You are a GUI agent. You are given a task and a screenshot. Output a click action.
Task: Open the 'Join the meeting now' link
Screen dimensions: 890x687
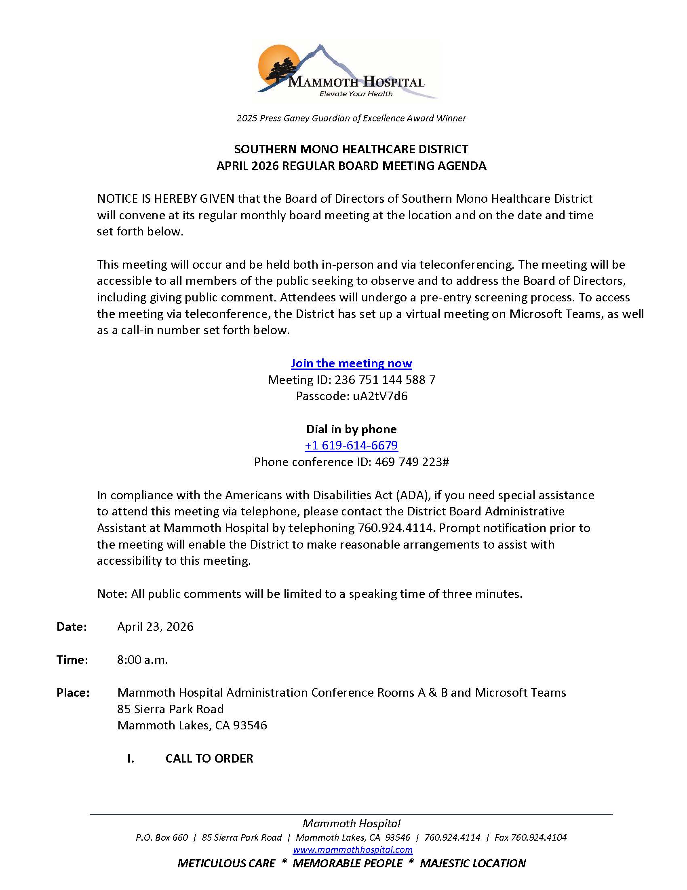(x=351, y=363)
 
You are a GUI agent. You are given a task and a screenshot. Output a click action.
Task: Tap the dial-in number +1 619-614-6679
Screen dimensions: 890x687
(x=351, y=445)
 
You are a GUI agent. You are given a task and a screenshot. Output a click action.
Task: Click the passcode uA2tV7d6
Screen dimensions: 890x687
(x=380, y=396)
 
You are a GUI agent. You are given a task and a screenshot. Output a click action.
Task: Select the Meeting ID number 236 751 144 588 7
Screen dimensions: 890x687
(x=385, y=380)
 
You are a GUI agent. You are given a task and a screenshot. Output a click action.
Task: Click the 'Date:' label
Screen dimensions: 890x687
(x=72, y=627)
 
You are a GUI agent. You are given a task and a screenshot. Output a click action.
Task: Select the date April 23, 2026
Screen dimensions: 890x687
(x=156, y=627)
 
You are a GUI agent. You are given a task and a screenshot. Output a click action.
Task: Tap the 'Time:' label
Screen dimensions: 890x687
(x=72, y=660)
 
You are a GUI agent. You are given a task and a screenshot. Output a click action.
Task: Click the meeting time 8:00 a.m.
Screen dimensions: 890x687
(x=142, y=660)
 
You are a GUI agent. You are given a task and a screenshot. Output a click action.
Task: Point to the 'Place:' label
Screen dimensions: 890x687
(x=73, y=693)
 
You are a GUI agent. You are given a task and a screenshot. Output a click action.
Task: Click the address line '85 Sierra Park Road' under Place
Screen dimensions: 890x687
(x=171, y=709)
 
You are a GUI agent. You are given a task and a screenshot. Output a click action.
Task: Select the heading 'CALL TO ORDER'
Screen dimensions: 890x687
(x=209, y=759)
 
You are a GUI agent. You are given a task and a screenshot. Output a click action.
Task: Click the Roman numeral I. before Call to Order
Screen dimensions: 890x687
(x=131, y=759)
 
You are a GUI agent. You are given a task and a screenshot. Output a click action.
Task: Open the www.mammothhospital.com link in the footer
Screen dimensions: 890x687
(x=352, y=850)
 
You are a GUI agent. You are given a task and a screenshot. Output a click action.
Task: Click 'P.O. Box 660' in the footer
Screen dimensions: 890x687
(x=162, y=837)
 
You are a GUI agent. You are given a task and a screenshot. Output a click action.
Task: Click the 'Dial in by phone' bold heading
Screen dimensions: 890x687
(x=351, y=429)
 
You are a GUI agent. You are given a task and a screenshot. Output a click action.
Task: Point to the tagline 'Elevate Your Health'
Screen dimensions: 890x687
(x=356, y=94)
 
